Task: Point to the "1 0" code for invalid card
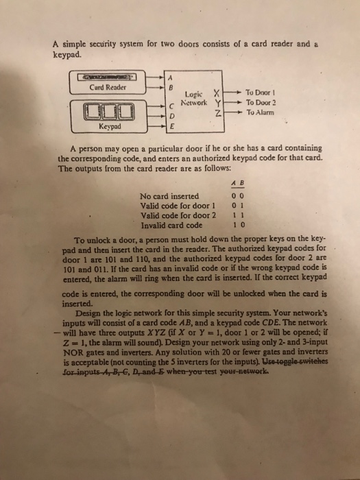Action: [x=237, y=224]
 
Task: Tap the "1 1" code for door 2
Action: [x=237, y=214]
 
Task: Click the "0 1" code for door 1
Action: [x=237, y=204]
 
